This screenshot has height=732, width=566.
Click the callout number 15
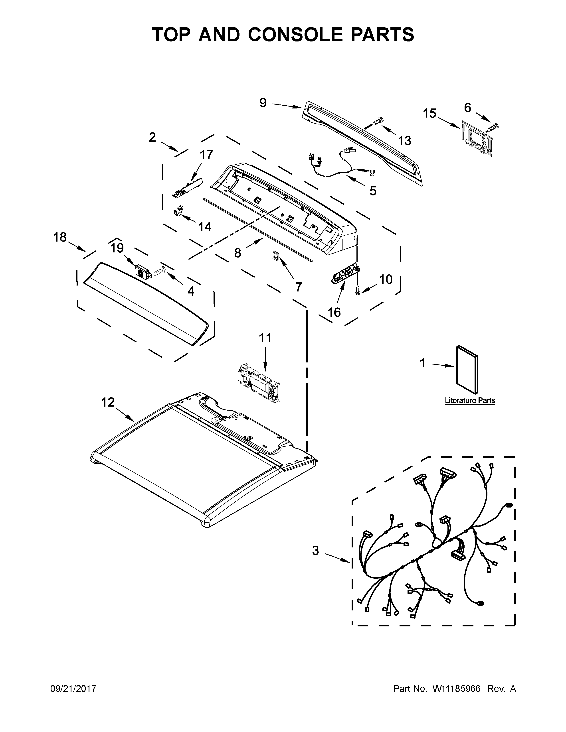[x=429, y=114]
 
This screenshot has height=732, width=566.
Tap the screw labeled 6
[x=494, y=127]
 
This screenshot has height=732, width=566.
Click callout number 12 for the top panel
[x=108, y=402]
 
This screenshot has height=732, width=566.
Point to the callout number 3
[x=316, y=551]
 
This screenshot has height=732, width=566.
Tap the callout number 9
[x=263, y=103]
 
